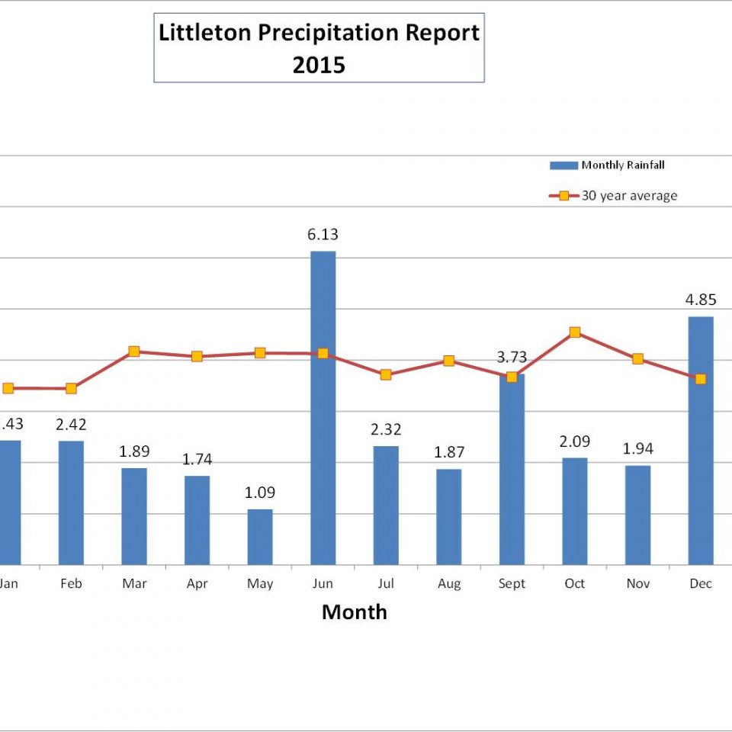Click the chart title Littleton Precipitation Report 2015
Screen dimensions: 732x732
(319, 48)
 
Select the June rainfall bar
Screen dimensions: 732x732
(323, 408)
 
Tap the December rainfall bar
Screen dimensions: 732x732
(701, 441)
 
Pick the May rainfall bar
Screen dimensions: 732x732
(260, 537)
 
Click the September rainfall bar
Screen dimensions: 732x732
(512, 469)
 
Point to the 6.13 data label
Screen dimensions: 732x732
(323, 235)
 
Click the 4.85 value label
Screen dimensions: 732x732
(701, 300)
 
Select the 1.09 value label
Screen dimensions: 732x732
(260, 493)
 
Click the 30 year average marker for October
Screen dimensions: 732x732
(575, 332)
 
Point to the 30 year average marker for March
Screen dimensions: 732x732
(134, 352)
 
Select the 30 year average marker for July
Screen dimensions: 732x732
(386, 374)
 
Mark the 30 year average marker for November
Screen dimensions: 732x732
(638, 359)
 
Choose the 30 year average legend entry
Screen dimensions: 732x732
(614, 196)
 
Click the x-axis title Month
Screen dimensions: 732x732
(354, 612)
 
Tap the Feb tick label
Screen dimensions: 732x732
(71, 584)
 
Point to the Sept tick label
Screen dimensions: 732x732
(512, 584)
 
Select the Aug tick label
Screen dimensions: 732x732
(449, 584)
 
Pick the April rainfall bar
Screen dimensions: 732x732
(197, 520)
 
